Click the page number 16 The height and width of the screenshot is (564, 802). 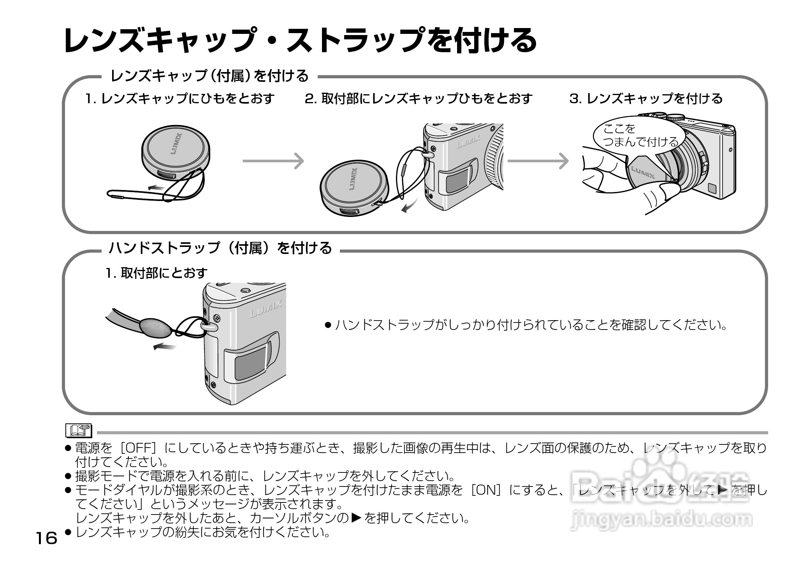coord(46,539)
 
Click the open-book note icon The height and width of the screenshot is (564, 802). coord(79,430)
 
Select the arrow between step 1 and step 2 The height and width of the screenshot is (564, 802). coord(273,161)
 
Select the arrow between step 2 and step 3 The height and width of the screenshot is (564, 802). coord(538,161)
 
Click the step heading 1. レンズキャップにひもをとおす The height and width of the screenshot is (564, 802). coord(180,99)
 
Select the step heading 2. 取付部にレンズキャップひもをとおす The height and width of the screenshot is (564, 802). coord(419,99)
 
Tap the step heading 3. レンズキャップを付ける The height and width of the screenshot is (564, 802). coord(646,99)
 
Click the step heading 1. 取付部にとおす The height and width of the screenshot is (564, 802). coord(157,273)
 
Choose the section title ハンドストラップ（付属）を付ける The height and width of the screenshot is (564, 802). coord(220,248)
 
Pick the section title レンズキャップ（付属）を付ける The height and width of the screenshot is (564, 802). coord(209,76)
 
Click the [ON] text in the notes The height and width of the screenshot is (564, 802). coord(484,490)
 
